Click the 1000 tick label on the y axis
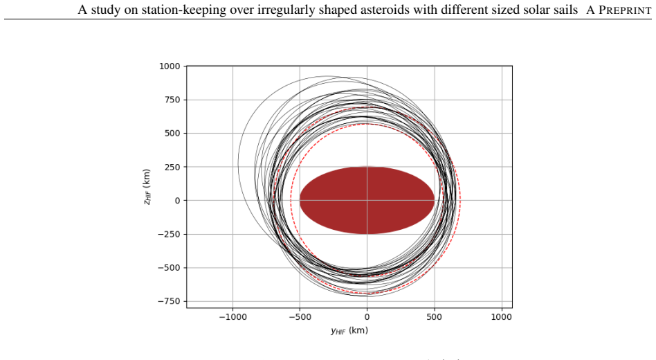170,66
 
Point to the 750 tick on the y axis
172,100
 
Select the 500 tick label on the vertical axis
172,133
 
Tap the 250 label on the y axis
172,167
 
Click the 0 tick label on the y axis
177,201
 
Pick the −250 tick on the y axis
169,234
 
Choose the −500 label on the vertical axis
169,267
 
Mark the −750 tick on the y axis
169,301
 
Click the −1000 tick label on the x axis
233,317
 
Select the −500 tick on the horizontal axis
300,317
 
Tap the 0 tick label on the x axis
367,317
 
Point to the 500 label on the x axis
435,317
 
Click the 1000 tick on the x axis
501,317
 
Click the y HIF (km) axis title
349,331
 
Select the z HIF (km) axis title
147,187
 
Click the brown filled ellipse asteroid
367,201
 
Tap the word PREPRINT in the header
625,10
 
